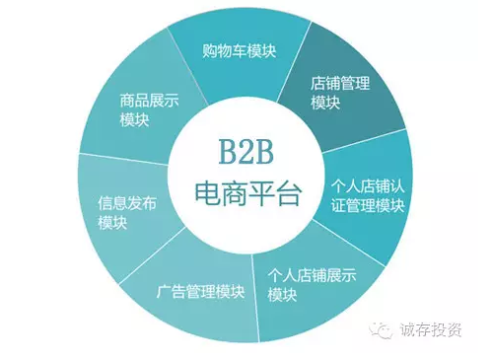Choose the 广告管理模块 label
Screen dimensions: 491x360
point(201,293)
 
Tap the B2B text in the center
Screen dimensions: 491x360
point(245,153)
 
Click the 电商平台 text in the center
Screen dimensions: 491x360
point(245,191)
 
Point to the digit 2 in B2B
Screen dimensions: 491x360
point(245,153)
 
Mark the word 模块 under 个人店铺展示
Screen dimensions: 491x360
point(282,298)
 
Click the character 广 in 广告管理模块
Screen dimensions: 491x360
point(164,293)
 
